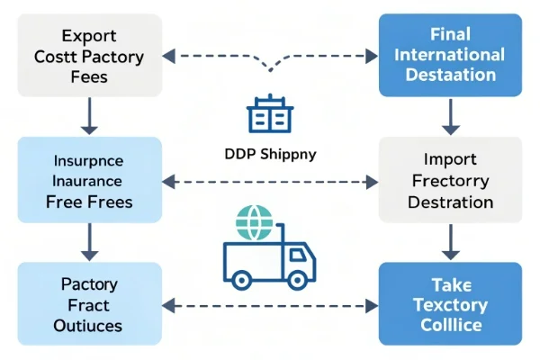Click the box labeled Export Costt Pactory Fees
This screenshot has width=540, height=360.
click(89, 56)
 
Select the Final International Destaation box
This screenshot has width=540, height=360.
click(450, 56)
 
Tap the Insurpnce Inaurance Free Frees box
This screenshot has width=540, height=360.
click(89, 180)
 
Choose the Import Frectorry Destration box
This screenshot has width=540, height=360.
click(450, 180)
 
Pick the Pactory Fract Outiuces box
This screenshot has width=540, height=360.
click(89, 304)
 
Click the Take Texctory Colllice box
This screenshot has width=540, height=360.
click(450, 304)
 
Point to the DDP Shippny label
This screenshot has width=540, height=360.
click(270, 153)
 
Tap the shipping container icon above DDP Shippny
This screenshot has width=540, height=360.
click(269, 114)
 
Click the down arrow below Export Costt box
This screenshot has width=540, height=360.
click(89, 115)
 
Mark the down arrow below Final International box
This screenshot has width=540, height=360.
click(450, 115)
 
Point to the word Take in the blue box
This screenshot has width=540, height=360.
click(450, 283)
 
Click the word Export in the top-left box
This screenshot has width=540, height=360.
click(89, 36)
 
